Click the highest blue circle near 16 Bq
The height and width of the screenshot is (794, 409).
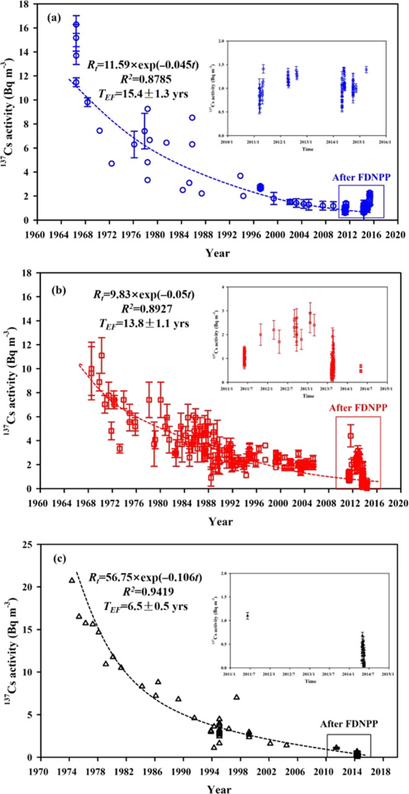pos(76,25)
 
